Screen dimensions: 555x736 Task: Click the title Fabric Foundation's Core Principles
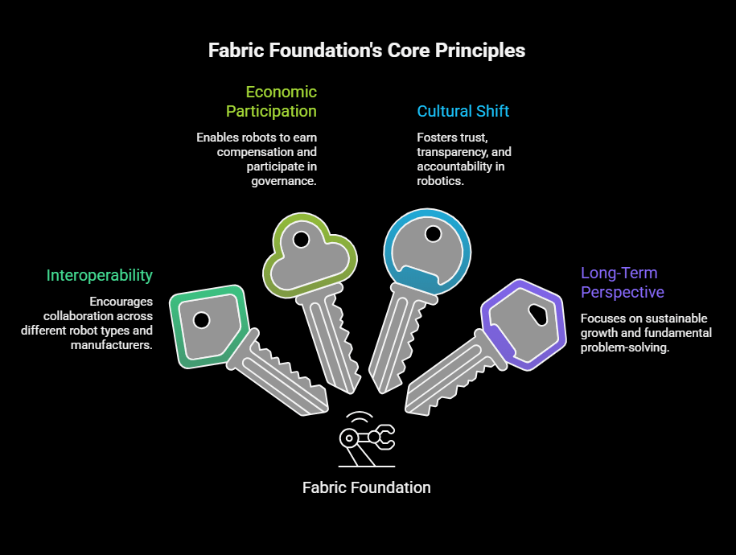[367, 50]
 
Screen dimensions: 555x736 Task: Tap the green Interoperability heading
[99, 275]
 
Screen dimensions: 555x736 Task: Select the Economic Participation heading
[271, 101]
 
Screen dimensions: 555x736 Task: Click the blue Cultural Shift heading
[463, 111]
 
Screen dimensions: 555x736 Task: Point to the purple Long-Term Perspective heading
[623, 282]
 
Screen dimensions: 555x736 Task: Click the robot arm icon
[367, 439]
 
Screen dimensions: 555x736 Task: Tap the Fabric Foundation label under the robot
[367, 487]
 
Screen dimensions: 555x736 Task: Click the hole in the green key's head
[202, 320]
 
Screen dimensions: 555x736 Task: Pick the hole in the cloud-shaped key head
[302, 240]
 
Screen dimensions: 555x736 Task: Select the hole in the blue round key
[433, 234]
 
